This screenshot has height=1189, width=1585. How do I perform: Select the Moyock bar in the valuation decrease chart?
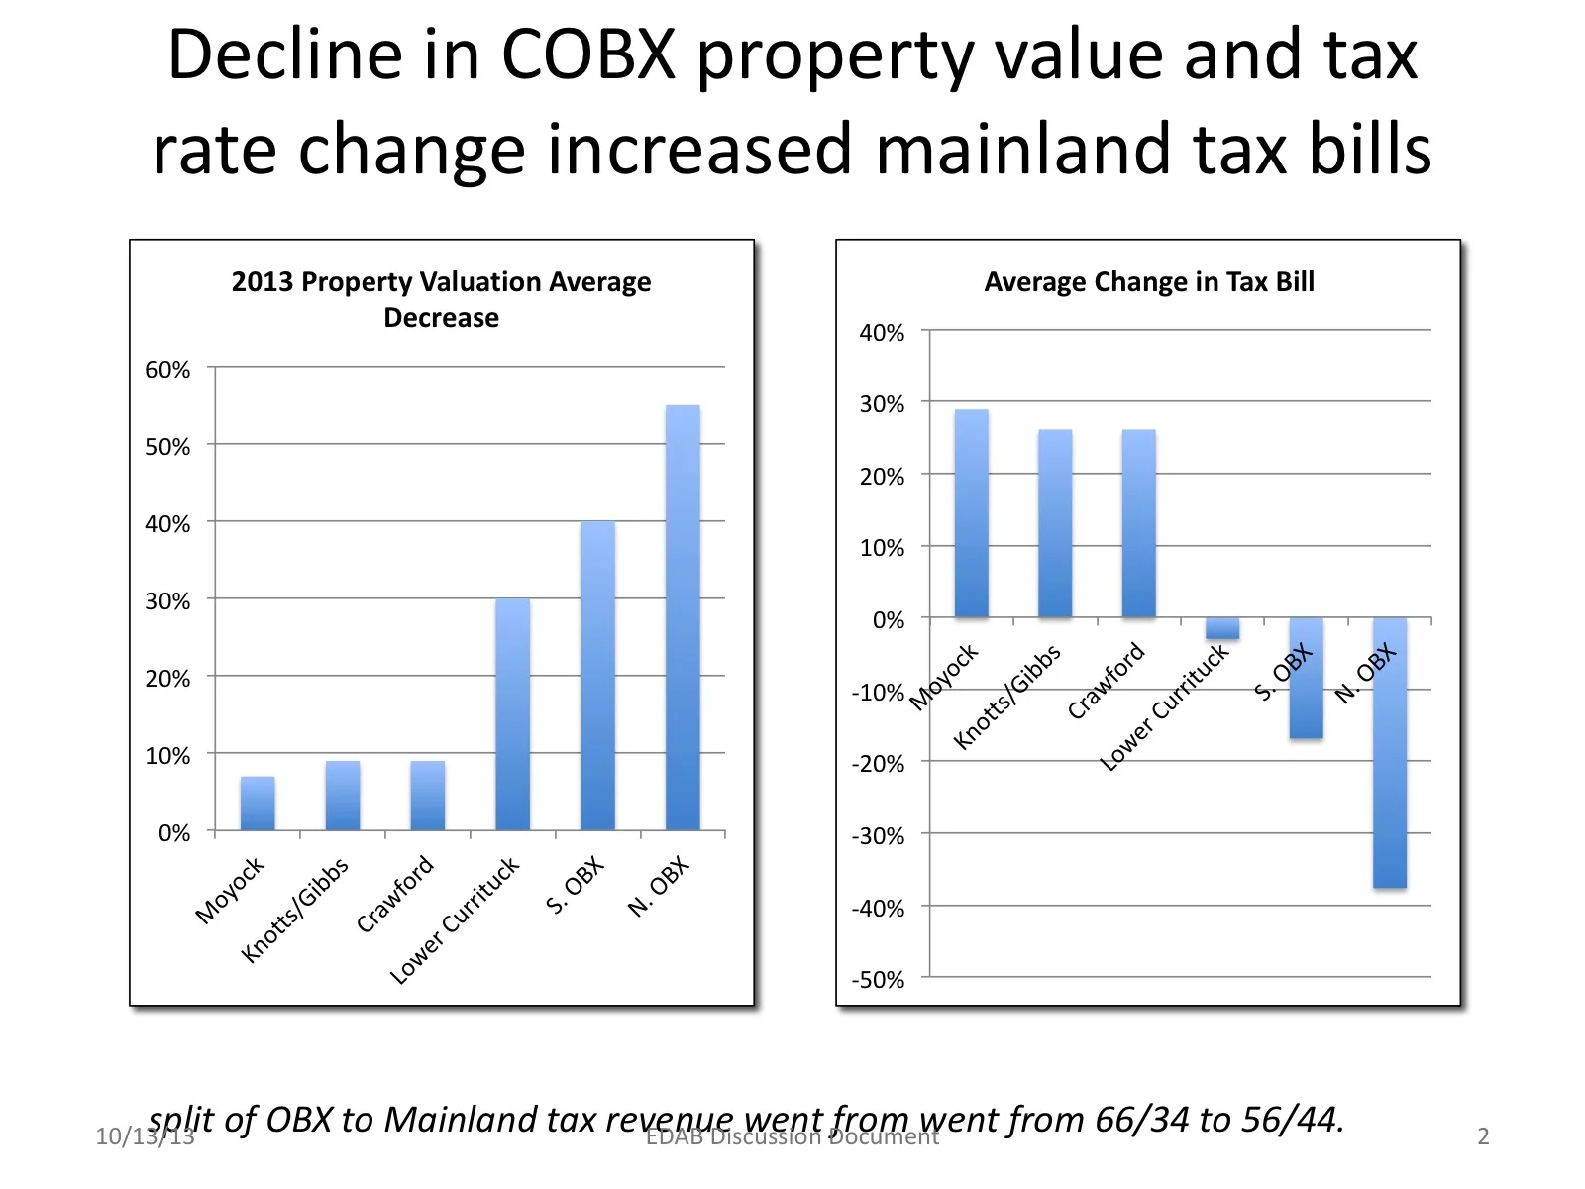tap(258, 804)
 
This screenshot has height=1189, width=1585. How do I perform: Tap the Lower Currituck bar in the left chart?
tap(512, 714)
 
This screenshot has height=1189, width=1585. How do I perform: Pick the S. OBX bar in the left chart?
tap(597, 676)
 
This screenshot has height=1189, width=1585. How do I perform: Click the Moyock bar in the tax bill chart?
tap(971, 514)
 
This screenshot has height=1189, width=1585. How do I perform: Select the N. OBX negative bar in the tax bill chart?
tap(1389, 753)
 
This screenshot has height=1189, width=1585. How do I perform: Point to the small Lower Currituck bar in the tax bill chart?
tap(1222, 628)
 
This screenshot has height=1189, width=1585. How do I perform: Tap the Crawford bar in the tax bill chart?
tap(1138, 524)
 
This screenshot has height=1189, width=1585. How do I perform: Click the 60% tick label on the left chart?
tap(167, 370)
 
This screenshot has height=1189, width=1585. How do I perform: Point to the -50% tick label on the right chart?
tap(878, 980)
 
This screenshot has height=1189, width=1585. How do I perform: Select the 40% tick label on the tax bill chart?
tap(882, 333)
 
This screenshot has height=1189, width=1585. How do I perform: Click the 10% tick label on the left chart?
tap(167, 756)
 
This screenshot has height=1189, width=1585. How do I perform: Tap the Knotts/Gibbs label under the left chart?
tap(295, 910)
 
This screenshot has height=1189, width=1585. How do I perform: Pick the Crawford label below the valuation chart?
tap(395, 894)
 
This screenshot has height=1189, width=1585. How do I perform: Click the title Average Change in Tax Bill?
tap(1149, 282)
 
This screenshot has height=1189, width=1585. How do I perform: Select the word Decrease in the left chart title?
tap(441, 318)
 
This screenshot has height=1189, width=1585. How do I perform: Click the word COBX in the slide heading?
tap(588, 55)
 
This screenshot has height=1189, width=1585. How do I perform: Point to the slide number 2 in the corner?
tap(1483, 1136)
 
